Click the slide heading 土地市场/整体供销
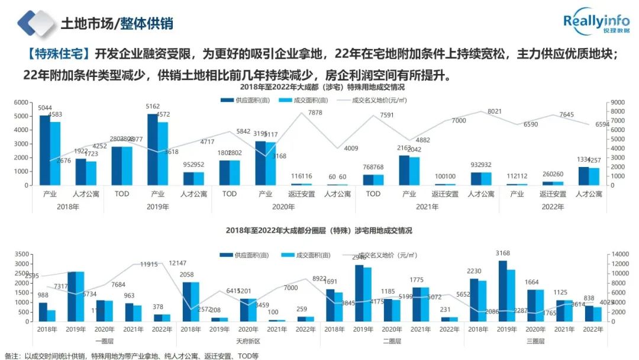(x=117, y=24)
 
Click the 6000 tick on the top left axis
(x=21, y=102)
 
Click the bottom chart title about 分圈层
(x=318, y=230)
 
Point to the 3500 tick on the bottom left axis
(x=21, y=253)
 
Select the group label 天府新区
(x=248, y=341)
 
